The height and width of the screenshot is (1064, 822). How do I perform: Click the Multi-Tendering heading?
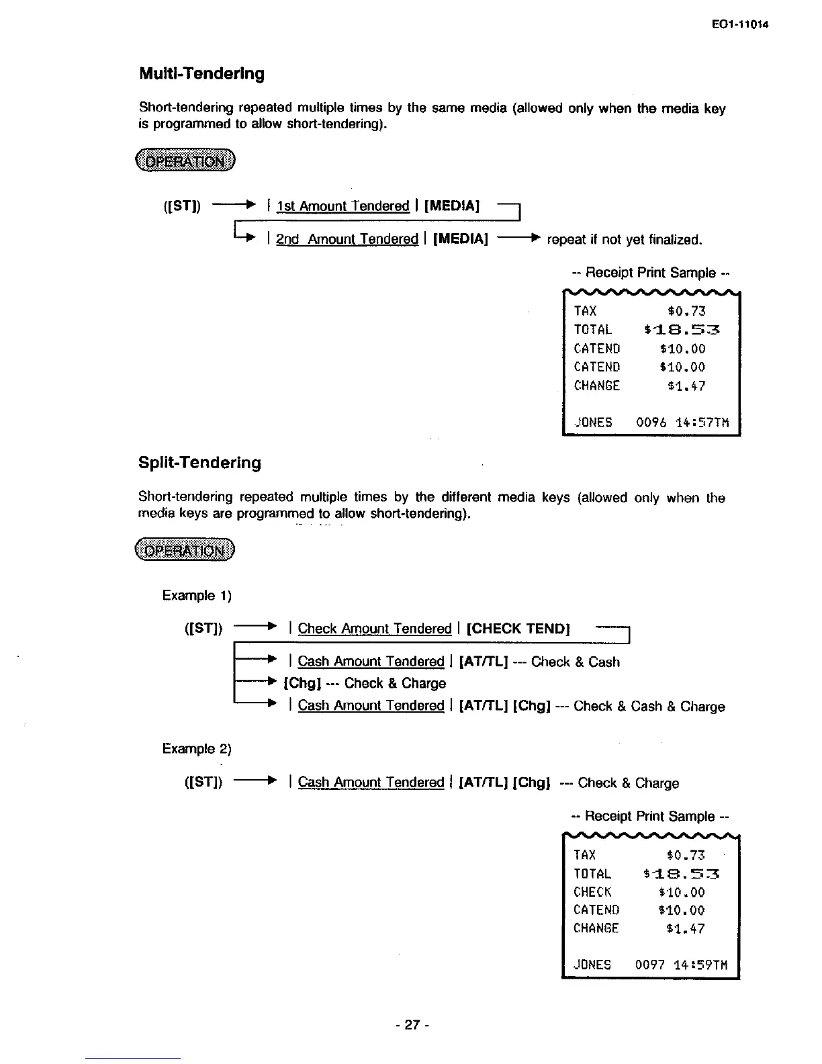pyautogui.click(x=201, y=74)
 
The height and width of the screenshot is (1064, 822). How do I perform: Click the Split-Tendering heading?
pyautogui.click(x=199, y=463)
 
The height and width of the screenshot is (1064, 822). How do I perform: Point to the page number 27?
pyautogui.click(x=412, y=1024)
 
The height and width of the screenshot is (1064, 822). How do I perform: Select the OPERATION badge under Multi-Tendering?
pyautogui.click(x=186, y=161)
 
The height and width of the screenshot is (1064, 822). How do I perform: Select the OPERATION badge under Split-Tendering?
pyautogui.click(x=185, y=551)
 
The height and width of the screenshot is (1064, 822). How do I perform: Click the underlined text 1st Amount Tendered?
pyautogui.click(x=342, y=206)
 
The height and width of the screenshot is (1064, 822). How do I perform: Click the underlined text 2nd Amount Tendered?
pyautogui.click(x=347, y=239)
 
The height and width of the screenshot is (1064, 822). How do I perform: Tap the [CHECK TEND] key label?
pyautogui.click(x=518, y=629)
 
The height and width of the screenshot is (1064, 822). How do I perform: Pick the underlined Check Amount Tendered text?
pyautogui.click(x=374, y=629)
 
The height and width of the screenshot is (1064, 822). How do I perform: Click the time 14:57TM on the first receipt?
pyautogui.click(x=701, y=423)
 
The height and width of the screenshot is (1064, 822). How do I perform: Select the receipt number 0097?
pyautogui.click(x=649, y=965)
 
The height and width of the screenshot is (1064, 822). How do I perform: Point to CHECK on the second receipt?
pyautogui.click(x=592, y=892)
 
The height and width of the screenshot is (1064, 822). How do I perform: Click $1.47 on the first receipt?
pyautogui.click(x=686, y=386)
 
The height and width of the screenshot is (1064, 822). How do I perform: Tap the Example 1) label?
pyautogui.click(x=197, y=596)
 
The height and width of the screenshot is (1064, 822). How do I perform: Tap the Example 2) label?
pyautogui.click(x=197, y=749)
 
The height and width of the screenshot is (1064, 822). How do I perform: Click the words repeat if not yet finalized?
pyautogui.click(x=625, y=240)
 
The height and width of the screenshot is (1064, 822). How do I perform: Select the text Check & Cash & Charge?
pyautogui.click(x=649, y=706)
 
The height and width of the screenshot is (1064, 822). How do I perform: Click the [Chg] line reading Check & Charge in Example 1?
pyautogui.click(x=365, y=684)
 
